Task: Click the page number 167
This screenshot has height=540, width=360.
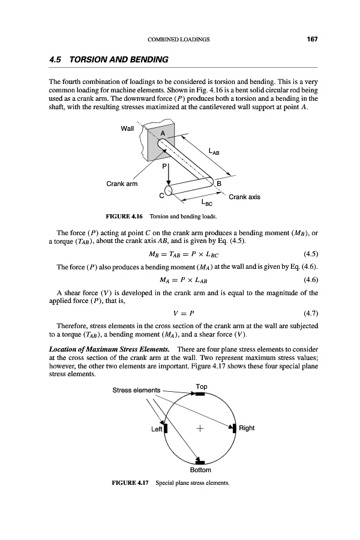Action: click(x=311, y=40)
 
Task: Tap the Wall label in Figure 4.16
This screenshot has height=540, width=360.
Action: click(x=127, y=128)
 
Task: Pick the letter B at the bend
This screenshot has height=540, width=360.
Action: click(x=218, y=183)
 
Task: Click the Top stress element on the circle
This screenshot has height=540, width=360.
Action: click(x=200, y=394)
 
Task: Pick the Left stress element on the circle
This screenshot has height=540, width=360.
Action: click(x=166, y=428)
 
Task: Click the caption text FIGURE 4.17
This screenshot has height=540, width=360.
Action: click(x=131, y=482)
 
